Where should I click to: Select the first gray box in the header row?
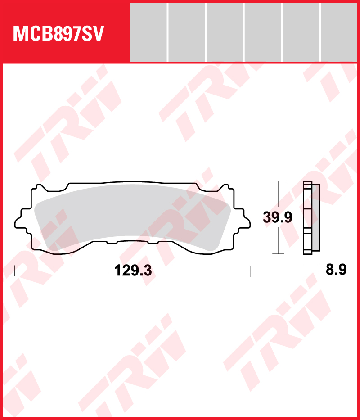pos(148,32)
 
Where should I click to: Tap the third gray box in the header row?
pos(225,32)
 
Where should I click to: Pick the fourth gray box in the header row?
pos(263,32)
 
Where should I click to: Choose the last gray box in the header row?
pos(340,32)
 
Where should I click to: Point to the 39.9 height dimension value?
pos(278,217)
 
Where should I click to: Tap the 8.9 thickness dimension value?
pos(336,270)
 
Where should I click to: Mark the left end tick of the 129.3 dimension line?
pos(15,271)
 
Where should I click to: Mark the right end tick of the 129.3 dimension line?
pos(250,271)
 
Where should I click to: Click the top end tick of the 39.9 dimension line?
pos(279,181)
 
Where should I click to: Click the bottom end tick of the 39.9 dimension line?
pos(279,254)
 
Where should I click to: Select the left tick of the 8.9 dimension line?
pos(304,270)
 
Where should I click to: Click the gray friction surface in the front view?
pos(130,216)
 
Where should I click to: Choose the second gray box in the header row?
pos(186,32)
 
